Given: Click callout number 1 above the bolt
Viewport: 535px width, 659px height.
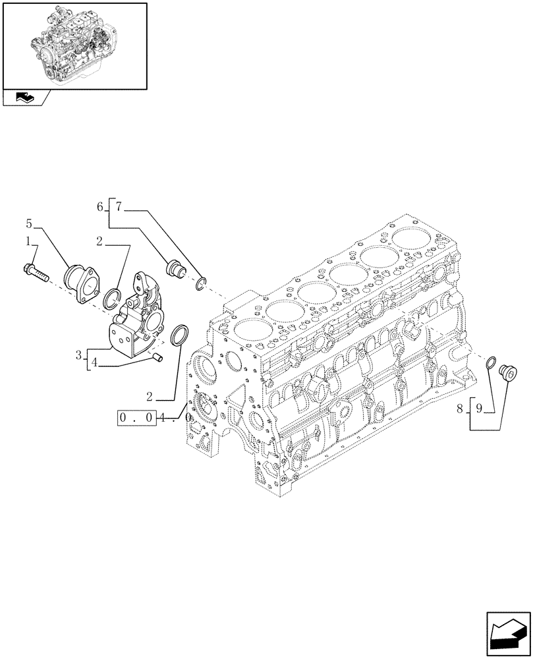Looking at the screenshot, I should (x=28, y=243).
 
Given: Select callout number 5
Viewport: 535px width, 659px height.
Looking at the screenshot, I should (x=29, y=223).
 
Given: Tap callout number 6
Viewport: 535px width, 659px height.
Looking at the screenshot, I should (x=100, y=207).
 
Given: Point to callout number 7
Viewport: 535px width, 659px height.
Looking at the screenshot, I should (x=119, y=207).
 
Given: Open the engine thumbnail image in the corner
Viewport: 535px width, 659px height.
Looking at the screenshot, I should (x=74, y=45).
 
